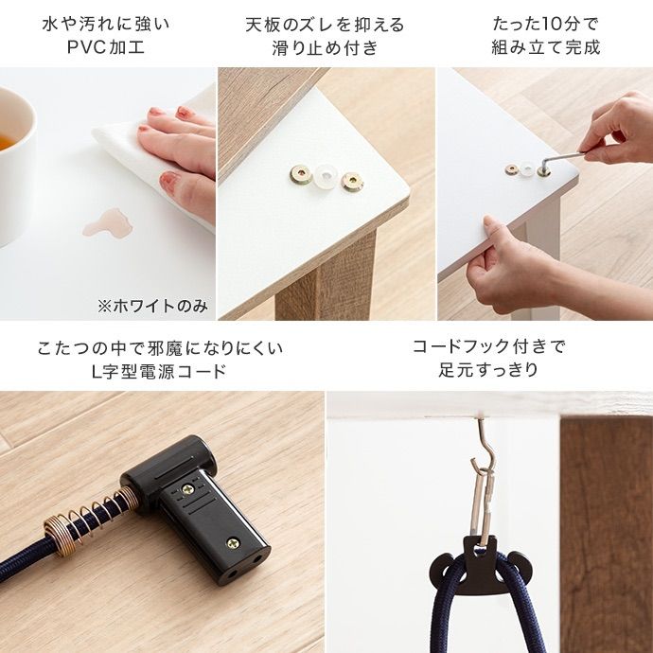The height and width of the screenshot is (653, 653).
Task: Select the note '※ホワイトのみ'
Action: click(x=152, y=306)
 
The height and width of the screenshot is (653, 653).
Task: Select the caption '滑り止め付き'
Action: click(x=325, y=48)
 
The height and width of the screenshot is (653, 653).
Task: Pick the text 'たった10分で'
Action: click(x=545, y=23)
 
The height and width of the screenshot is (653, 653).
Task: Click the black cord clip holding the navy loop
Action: click(x=483, y=555)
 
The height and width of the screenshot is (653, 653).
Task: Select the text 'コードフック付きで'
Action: click(x=488, y=346)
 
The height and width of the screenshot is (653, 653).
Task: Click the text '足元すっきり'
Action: click(x=488, y=370)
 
